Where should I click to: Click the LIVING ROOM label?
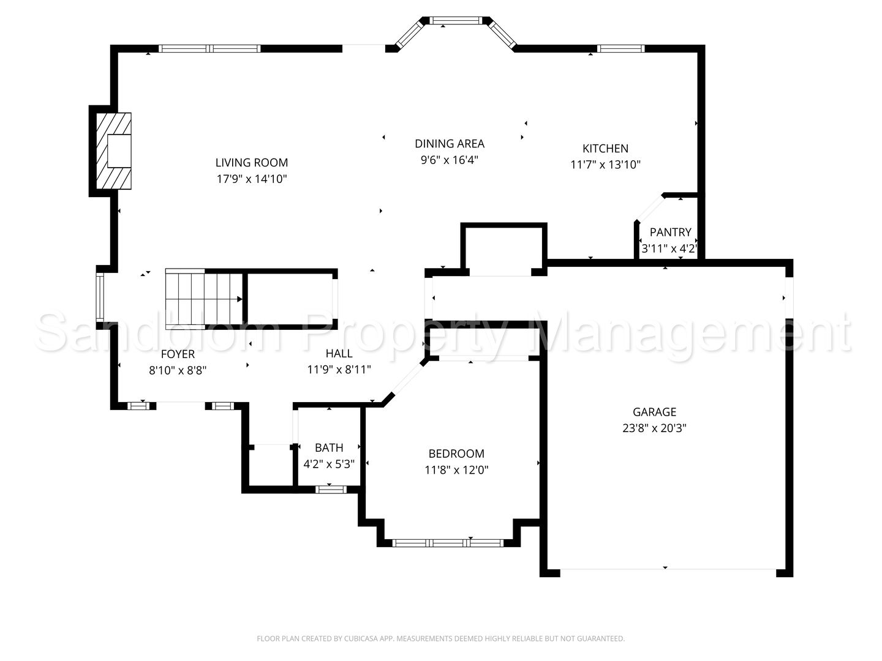tap(252, 163)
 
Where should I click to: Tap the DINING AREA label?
tap(449, 144)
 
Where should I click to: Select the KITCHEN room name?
tap(605, 149)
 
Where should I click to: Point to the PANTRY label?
tap(670, 232)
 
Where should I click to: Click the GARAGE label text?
tap(654, 412)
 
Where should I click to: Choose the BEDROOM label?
tap(456, 454)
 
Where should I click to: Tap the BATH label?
tap(329, 447)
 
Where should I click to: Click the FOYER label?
tap(178, 354)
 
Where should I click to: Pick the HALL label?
tap(339, 353)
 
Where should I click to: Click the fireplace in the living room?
tap(114, 151)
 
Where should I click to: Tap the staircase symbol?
tap(204, 299)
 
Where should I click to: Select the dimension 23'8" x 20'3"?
tap(654, 428)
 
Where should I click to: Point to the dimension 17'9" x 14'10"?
tap(252, 179)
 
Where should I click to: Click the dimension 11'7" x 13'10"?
tap(605, 165)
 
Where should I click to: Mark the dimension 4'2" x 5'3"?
tap(329, 464)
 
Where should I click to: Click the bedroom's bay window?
tap(448, 543)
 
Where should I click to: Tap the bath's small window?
tap(330, 489)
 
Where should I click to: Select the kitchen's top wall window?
tap(620, 48)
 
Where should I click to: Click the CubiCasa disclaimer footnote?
tap(441, 638)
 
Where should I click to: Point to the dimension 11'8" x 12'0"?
tap(456, 469)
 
